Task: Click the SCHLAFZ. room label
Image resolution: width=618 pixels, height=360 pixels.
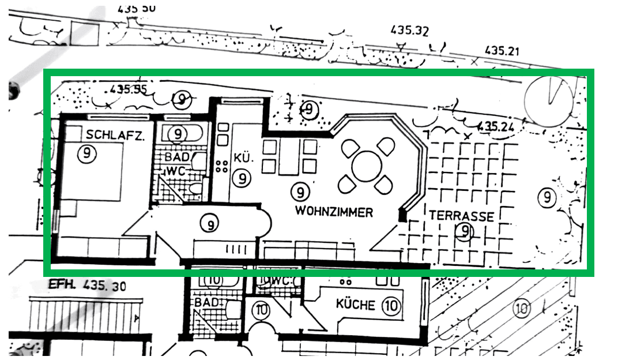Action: pos(115,134)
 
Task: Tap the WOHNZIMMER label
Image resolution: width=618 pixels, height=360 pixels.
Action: pos(334,212)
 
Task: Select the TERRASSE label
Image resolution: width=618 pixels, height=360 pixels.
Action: pos(461,216)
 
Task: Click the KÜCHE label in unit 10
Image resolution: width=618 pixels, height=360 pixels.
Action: pos(356,305)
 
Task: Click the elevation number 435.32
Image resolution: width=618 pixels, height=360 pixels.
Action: pos(409,30)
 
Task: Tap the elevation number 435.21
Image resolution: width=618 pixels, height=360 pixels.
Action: pos(502,51)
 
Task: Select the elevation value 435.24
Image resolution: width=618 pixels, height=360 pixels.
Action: pos(495,126)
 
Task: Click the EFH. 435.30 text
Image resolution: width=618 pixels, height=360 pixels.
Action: pos(87,285)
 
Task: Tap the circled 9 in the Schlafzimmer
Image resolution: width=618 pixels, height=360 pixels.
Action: pos(86,154)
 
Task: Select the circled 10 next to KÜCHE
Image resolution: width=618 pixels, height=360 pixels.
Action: pos(391,305)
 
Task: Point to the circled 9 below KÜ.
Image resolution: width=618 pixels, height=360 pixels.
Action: pos(242,178)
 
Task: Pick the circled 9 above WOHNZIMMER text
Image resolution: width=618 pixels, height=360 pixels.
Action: pos(300,190)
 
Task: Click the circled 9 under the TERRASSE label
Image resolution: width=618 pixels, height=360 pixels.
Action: pos(465,232)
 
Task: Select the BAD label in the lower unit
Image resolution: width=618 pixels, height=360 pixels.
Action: pos(206,302)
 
